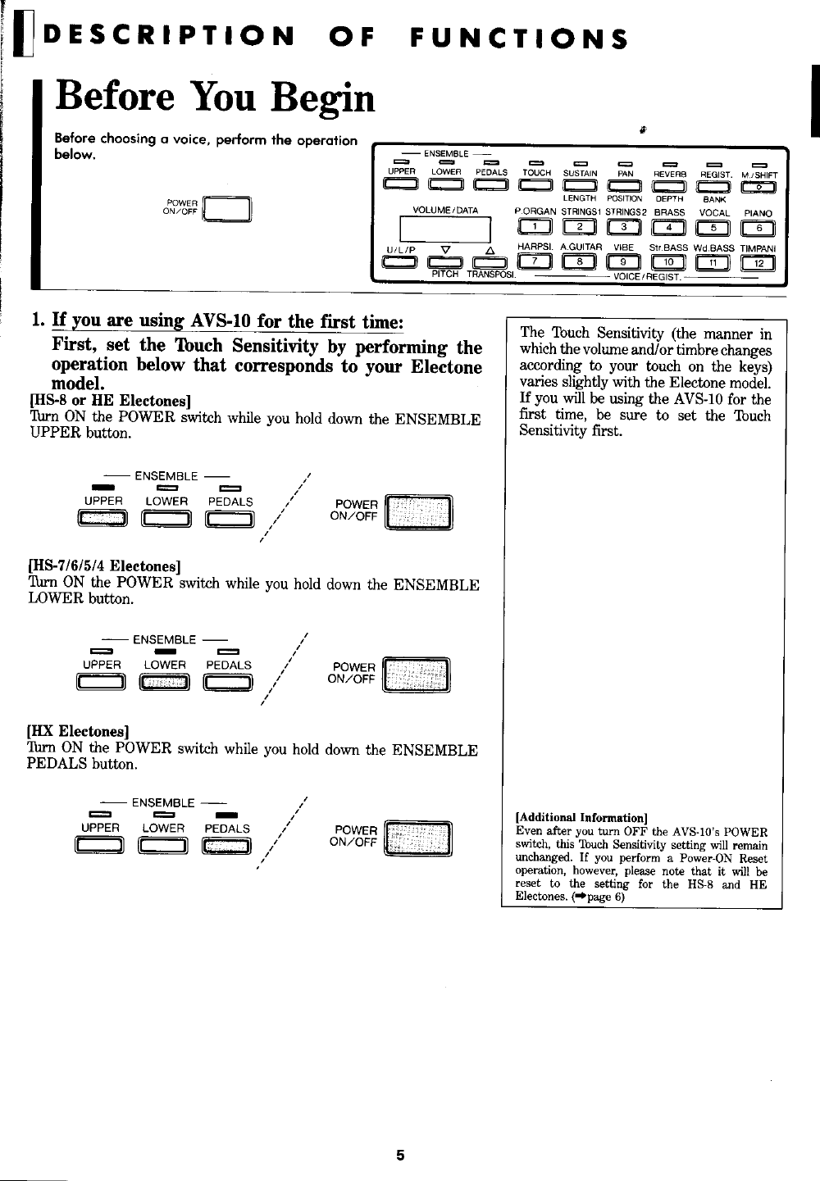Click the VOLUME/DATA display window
tap(444, 229)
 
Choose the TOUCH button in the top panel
tap(536, 188)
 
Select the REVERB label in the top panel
tap(669, 173)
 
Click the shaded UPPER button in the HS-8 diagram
tap(102, 518)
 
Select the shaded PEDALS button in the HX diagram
tap(226, 845)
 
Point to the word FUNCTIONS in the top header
tap(521, 38)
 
